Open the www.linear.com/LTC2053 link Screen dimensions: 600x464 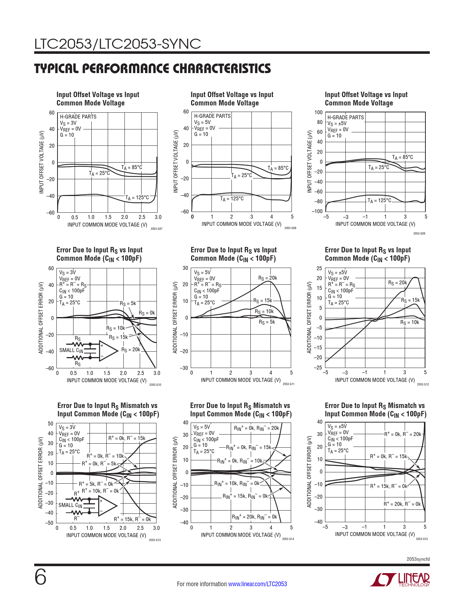tap(257, 584)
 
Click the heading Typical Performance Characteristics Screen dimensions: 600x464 tap(152, 68)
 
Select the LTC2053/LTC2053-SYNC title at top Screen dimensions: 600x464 tap(118, 44)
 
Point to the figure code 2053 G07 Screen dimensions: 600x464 tap(156, 229)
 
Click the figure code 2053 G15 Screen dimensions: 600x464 tap(422, 539)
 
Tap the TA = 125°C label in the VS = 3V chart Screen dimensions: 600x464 tap(137, 198)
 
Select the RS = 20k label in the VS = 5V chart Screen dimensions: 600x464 tap(267, 278)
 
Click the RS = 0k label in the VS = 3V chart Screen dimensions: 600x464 tap(147, 313)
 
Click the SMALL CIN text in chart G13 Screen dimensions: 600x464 tap(71, 505)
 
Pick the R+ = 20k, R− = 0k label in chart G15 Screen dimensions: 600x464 tap(402, 504)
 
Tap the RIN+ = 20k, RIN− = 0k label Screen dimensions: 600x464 tap(254, 517)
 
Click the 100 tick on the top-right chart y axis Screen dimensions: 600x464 tap(318, 112)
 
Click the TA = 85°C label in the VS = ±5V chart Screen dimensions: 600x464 tap(402, 157)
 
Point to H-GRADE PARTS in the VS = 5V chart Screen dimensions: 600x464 tap(212, 116)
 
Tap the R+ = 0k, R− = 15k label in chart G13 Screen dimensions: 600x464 tap(127, 438)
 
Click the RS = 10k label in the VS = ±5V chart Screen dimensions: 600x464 tap(409, 323)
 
